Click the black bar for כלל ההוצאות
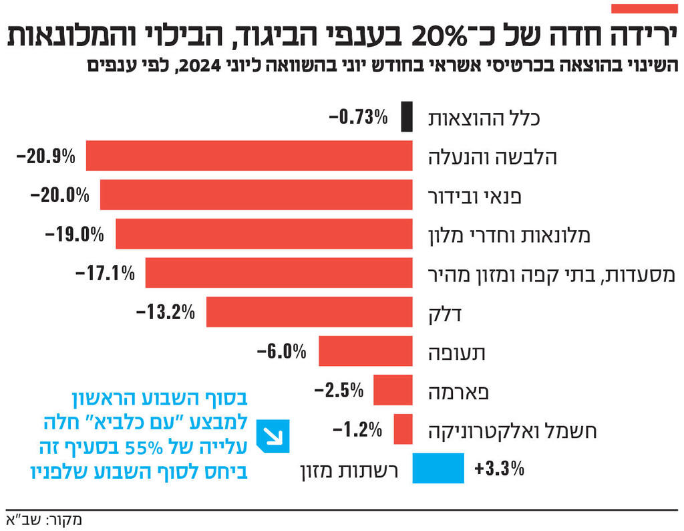click(406, 117)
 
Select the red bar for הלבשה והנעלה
click(249, 156)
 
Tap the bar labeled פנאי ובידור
click(256, 195)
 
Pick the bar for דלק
click(309, 312)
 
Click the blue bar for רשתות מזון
click(438, 467)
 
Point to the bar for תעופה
click(365, 351)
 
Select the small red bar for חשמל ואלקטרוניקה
click(403, 429)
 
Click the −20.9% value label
click(45, 156)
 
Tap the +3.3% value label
click(499, 468)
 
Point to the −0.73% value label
click(359, 118)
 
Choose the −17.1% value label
click(105, 273)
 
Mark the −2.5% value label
click(339, 390)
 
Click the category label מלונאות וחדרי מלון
click(509, 235)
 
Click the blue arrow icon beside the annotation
click(274, 436)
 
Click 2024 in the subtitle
click(198, 67)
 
